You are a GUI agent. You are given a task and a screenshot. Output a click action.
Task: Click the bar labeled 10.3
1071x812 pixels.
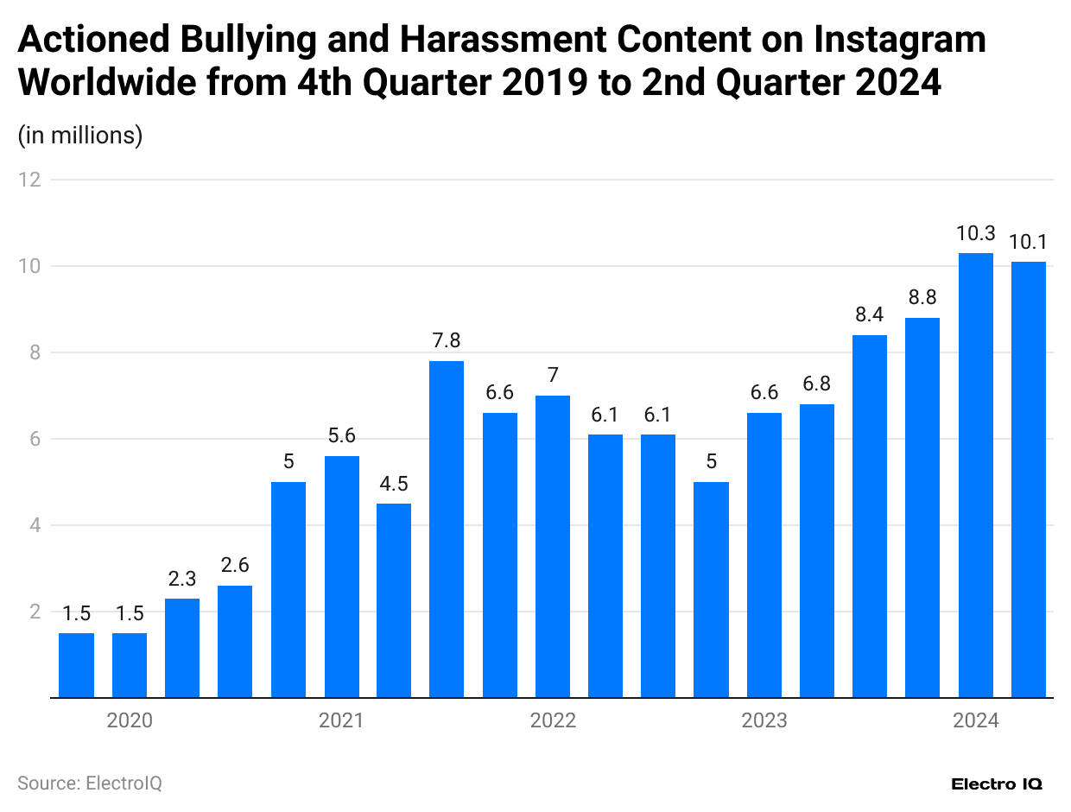point(976,475)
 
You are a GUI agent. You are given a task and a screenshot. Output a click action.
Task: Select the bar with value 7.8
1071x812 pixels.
point(447,529)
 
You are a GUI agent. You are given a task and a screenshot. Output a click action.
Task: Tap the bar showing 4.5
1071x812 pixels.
point(394,600)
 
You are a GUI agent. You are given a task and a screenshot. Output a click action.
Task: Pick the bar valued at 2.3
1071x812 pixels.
point(182,648)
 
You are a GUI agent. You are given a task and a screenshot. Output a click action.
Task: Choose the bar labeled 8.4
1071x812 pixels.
point(870,516)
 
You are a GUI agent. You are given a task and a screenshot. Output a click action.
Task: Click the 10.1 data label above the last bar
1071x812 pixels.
point(1029,242)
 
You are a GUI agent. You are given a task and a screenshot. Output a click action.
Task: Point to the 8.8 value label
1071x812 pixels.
point(922,298)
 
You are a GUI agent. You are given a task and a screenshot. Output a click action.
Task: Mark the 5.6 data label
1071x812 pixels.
point(341,436)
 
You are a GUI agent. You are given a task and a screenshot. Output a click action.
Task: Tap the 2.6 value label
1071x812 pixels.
point(235,566)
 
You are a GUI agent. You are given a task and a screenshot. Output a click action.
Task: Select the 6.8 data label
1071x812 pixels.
point(817,384)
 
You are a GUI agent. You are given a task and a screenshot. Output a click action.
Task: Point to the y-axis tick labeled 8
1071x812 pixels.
point(35,352)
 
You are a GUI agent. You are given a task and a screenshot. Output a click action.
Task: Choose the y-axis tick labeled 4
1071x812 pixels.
point(35,525)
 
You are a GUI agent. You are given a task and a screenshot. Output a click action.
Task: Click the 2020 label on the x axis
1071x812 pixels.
point(130,720)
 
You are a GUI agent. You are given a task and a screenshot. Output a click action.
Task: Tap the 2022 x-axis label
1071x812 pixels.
point(553,720)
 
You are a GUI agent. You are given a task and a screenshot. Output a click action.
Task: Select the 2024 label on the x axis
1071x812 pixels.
point(976,720)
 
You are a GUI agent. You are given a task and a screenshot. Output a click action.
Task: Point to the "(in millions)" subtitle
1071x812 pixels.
point(80,136)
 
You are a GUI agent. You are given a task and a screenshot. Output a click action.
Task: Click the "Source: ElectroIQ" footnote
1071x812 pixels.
point(90,783)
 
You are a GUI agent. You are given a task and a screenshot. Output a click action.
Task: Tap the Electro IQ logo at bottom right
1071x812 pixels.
point(997,784)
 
